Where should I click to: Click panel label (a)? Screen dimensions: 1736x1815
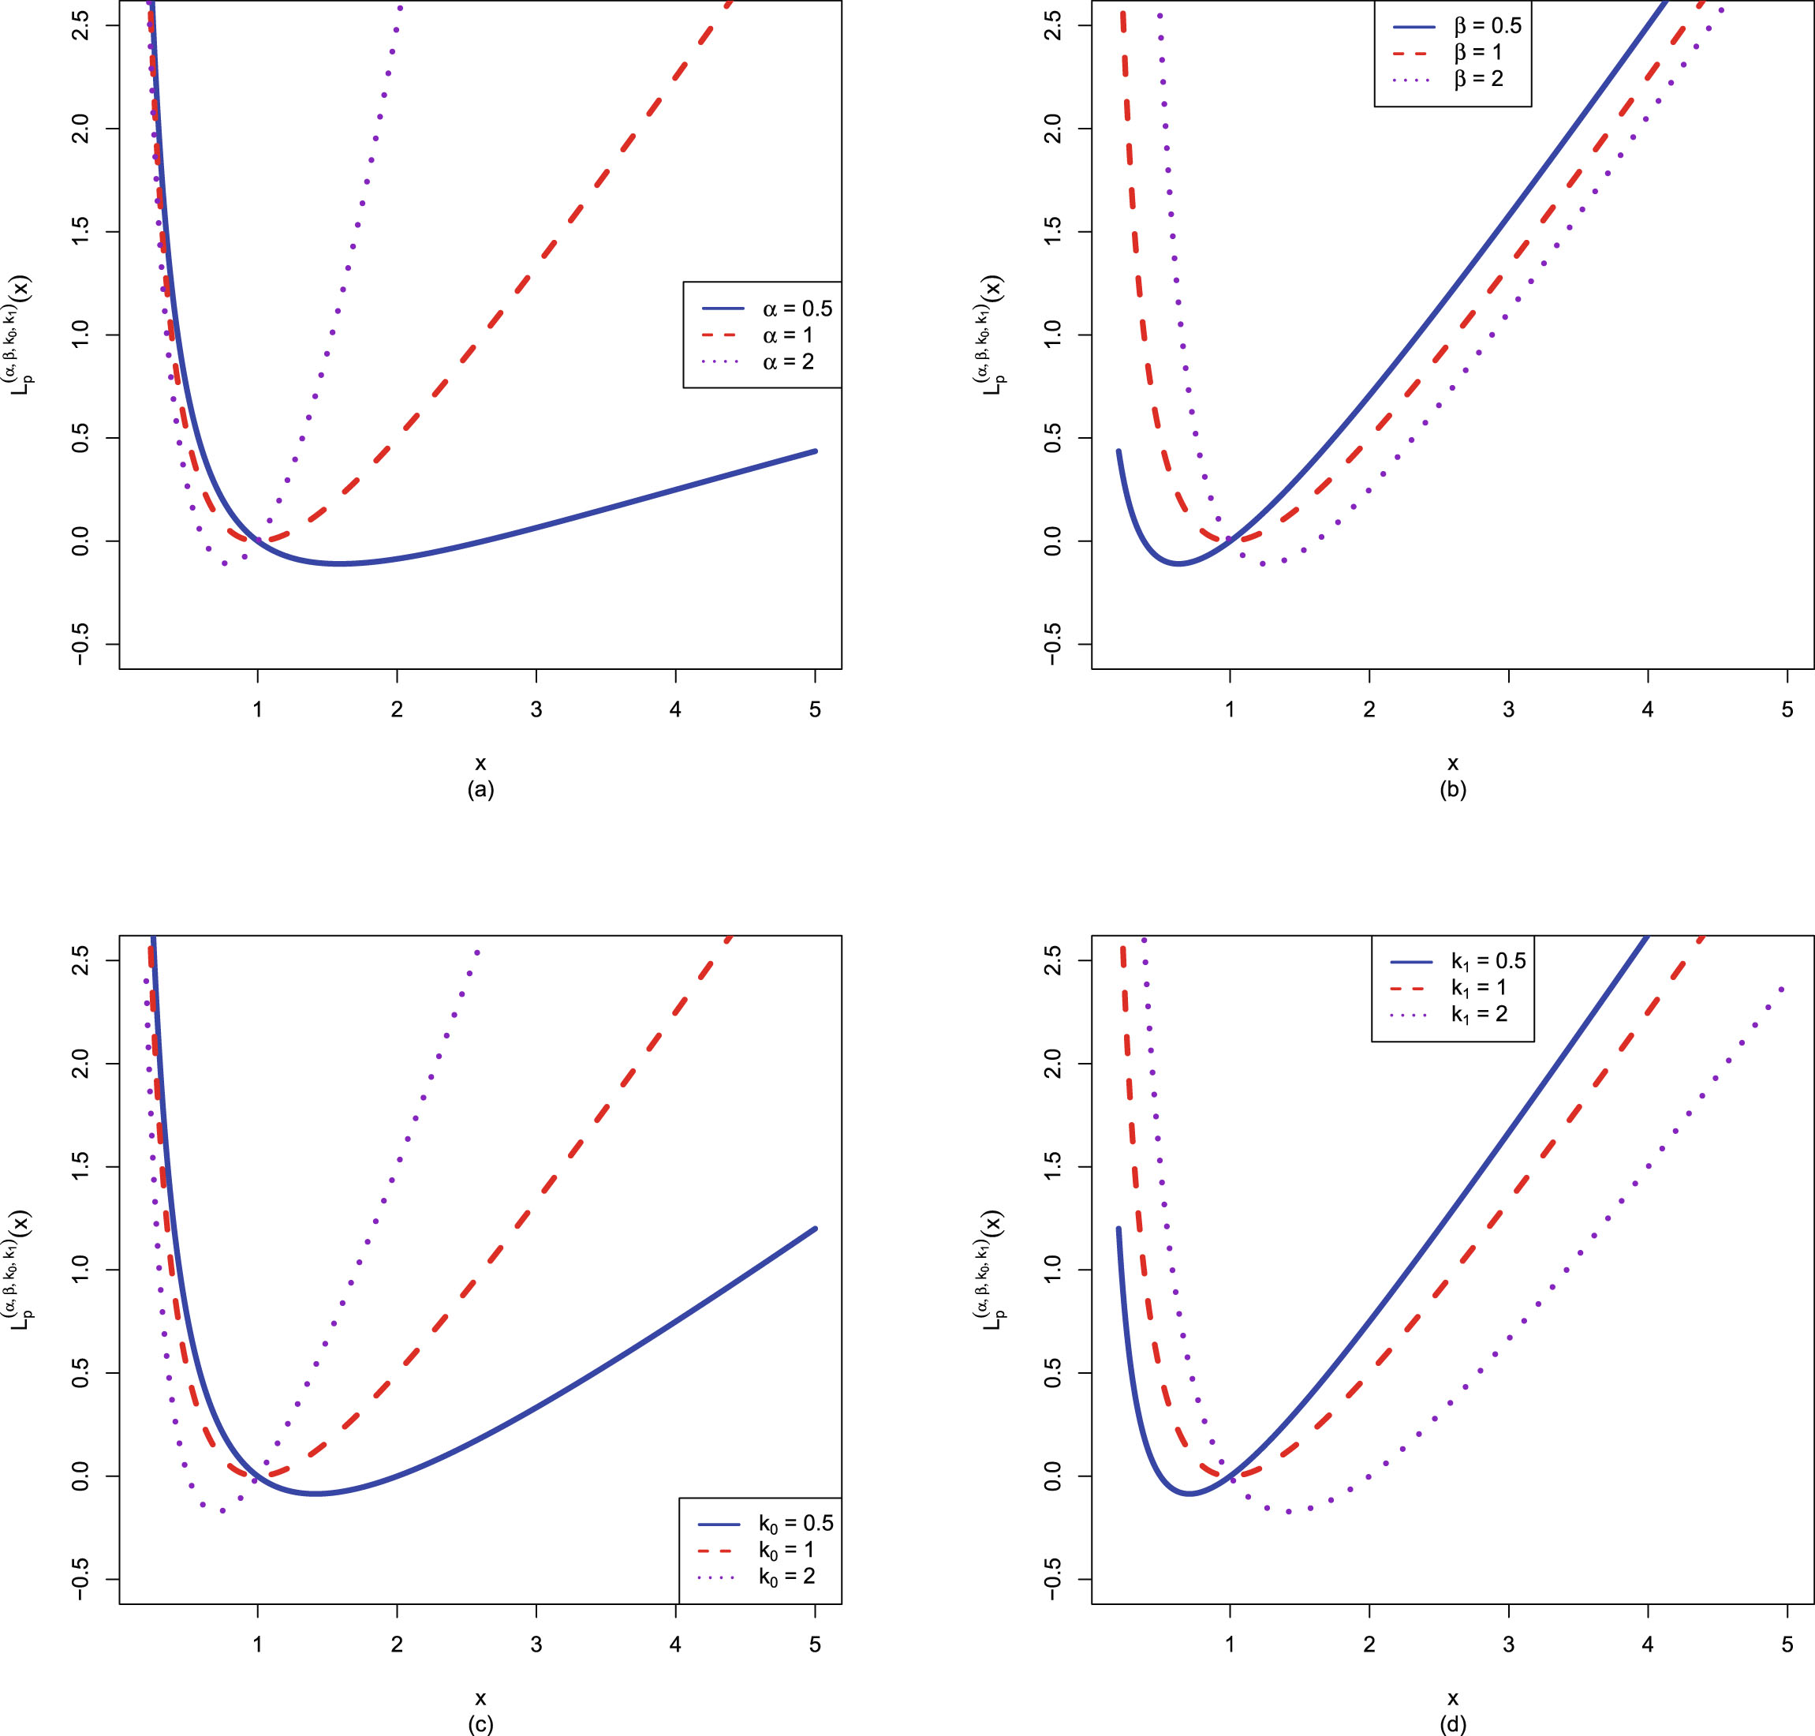481,789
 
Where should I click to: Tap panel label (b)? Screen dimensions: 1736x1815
1453,789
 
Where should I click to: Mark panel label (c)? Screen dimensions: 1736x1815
481,1725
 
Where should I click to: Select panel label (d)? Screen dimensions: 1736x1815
1453,1725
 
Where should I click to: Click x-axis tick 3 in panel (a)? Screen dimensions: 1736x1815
536,709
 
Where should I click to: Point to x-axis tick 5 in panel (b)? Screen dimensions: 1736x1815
1787,709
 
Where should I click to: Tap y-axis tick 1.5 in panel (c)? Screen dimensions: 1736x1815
80,1167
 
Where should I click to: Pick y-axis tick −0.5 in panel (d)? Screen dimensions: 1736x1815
1053,1579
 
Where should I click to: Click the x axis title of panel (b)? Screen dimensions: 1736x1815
1453,763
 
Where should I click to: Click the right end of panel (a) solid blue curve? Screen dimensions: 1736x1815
815,451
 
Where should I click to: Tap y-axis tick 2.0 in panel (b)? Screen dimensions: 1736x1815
1053,128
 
